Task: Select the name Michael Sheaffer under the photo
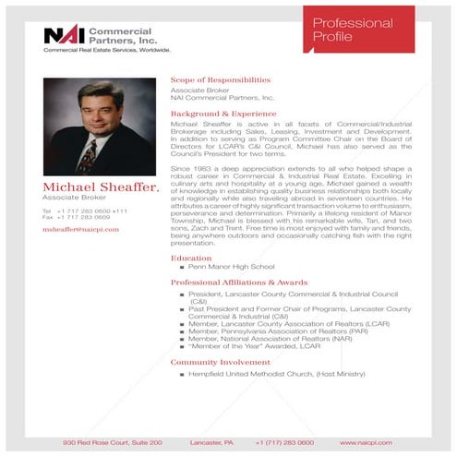pyautogui.click(x=100, y=188)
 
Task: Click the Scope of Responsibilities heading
pyautogui.click(x=220, y=80)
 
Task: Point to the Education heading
pyautogui.click(x=191, y=258)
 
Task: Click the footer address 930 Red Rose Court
pyautogui.click(x=112, y=442)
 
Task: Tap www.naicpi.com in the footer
pyautogui.click(x=365, y=442)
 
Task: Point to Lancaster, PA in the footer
pyautogui.click(x=211, y=442)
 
